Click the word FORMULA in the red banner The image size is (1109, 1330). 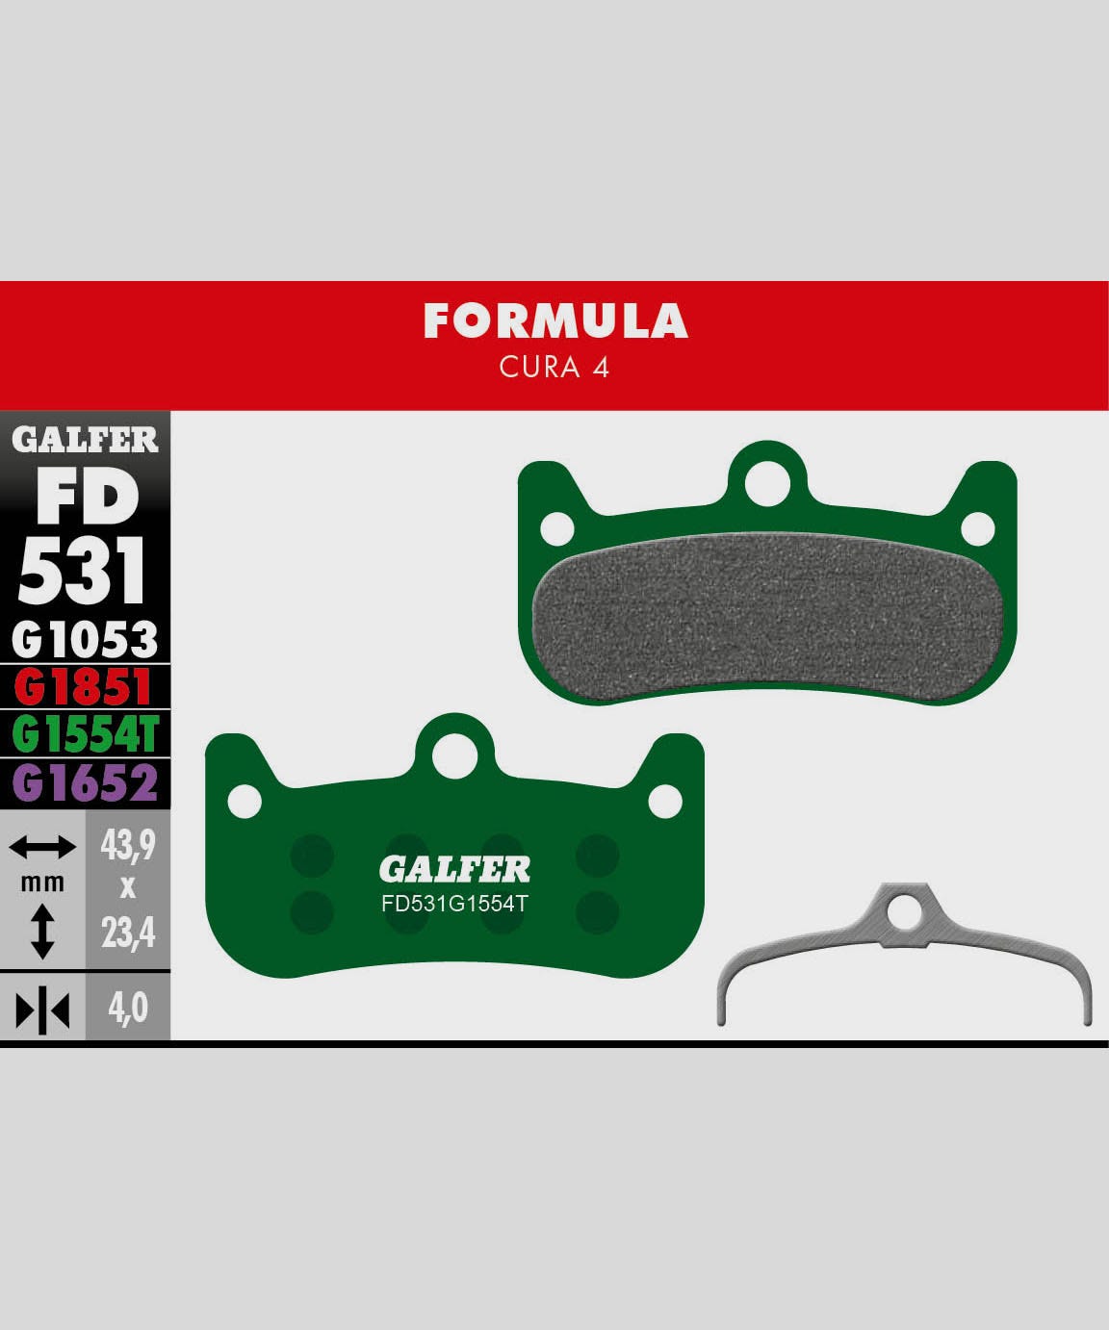555,321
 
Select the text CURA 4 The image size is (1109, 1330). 554,368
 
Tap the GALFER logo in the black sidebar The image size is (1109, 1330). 85,440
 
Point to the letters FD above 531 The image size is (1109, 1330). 87,498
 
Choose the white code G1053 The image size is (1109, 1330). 85,640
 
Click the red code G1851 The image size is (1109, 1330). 85,688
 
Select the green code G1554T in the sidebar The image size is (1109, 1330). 85,735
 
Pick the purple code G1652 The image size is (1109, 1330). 85,783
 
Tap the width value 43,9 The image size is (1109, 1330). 128,846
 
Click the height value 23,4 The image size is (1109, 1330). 128,932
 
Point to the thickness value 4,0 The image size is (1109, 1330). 128,1008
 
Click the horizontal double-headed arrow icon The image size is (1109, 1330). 42,848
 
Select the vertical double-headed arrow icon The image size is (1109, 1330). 42,931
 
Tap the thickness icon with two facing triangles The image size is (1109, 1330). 42,1010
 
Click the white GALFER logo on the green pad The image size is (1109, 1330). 454,870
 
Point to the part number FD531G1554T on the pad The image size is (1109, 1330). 454,905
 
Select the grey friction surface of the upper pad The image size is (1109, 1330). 767,616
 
